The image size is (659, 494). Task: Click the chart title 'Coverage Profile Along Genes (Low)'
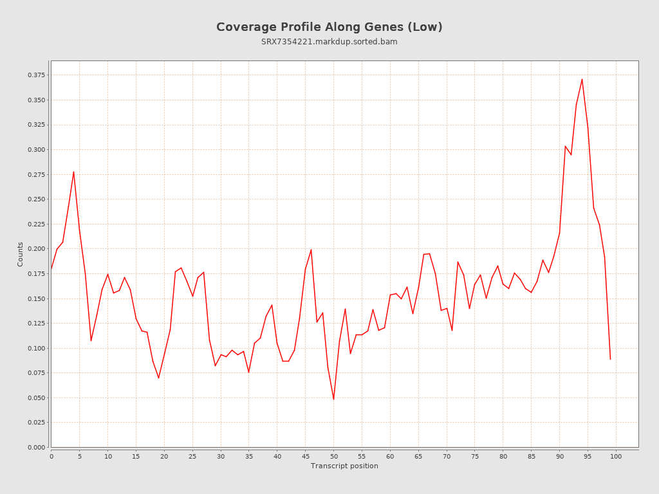click(329, 27)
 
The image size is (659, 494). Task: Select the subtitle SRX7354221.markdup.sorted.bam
click(329, 42)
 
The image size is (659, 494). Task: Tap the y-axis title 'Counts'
click(20, 254)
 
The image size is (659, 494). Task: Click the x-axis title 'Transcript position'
click(344, 466)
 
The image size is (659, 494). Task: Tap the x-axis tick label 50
click(333, 456)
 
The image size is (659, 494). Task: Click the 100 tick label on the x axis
click(616, 456)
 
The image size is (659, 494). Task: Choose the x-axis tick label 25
click(192, 456)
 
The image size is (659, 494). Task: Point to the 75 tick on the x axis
click(475, 456)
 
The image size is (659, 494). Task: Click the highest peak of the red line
click(582, 79)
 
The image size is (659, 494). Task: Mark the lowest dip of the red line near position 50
click(333, 399)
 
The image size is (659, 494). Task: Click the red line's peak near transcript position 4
click(73, 172)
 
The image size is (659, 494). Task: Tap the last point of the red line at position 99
click(610, 359)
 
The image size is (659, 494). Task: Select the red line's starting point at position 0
click(51, 269)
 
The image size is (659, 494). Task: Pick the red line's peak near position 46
click(311, 250)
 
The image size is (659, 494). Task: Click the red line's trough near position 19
click(158, 378)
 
